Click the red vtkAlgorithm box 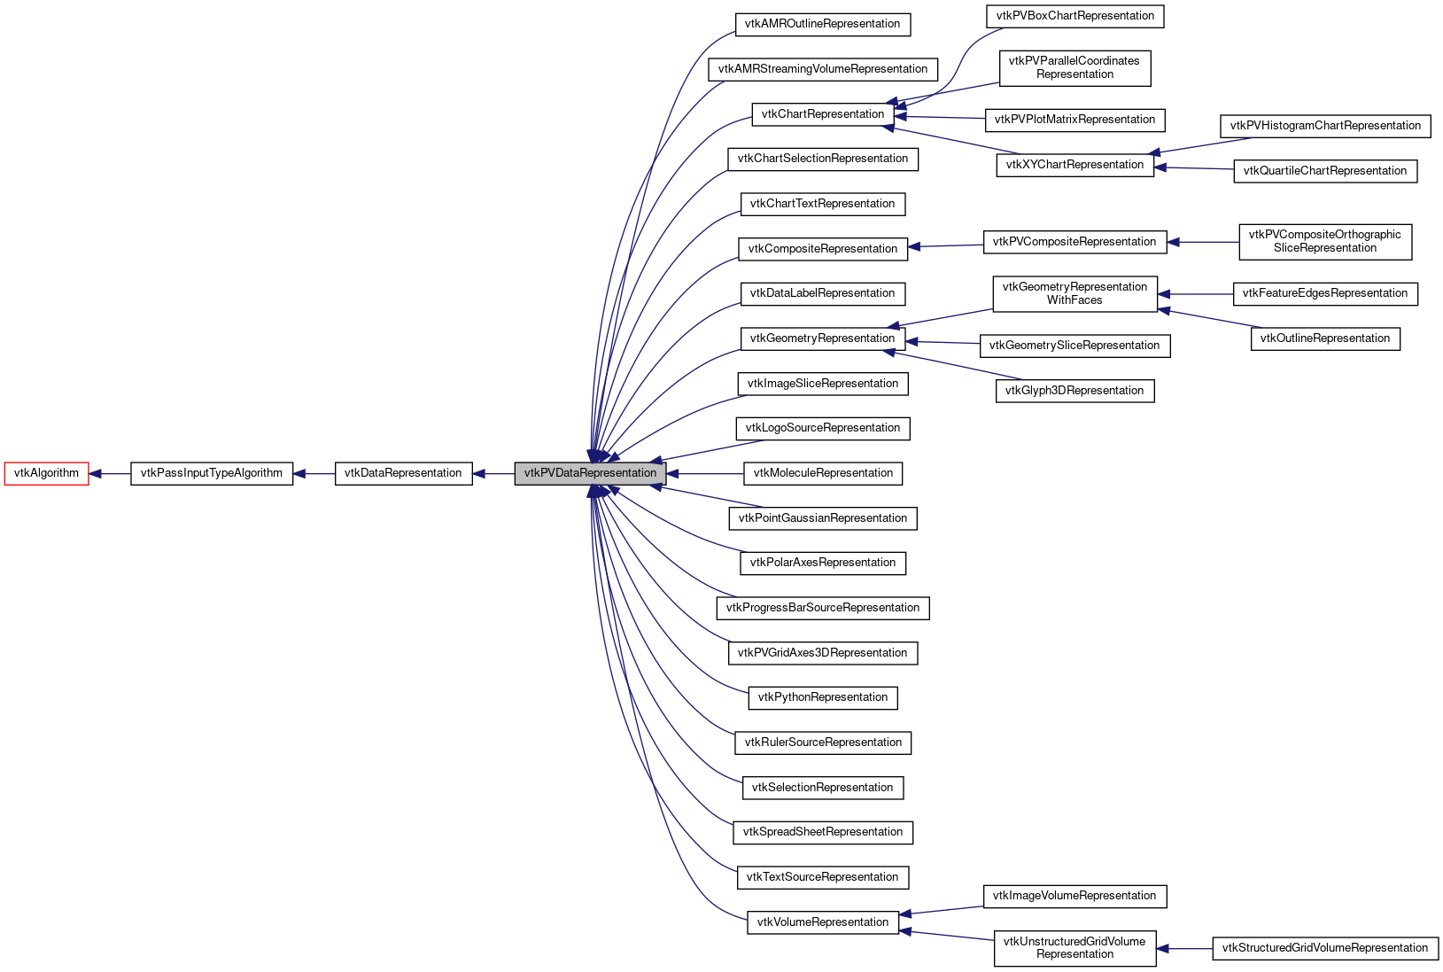(46, 473)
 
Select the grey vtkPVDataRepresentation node (590, 473)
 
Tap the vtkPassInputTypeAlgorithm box (212, 473)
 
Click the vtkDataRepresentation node (403, 473)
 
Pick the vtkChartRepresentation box (823, 114)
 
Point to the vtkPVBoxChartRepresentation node (1074, 16)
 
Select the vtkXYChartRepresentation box (1074, 165)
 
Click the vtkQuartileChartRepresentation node (1324, 171)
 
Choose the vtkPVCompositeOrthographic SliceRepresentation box (1324, 241)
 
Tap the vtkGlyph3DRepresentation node (1074, 391)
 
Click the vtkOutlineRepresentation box (1324, 338)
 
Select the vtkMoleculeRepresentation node (823, 473)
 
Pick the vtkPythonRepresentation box (823, 697)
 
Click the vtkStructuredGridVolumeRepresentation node (1324, 948)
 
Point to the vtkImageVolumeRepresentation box (1074, 896)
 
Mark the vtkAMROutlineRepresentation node (823, 24)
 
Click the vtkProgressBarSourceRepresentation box (823, 608)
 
